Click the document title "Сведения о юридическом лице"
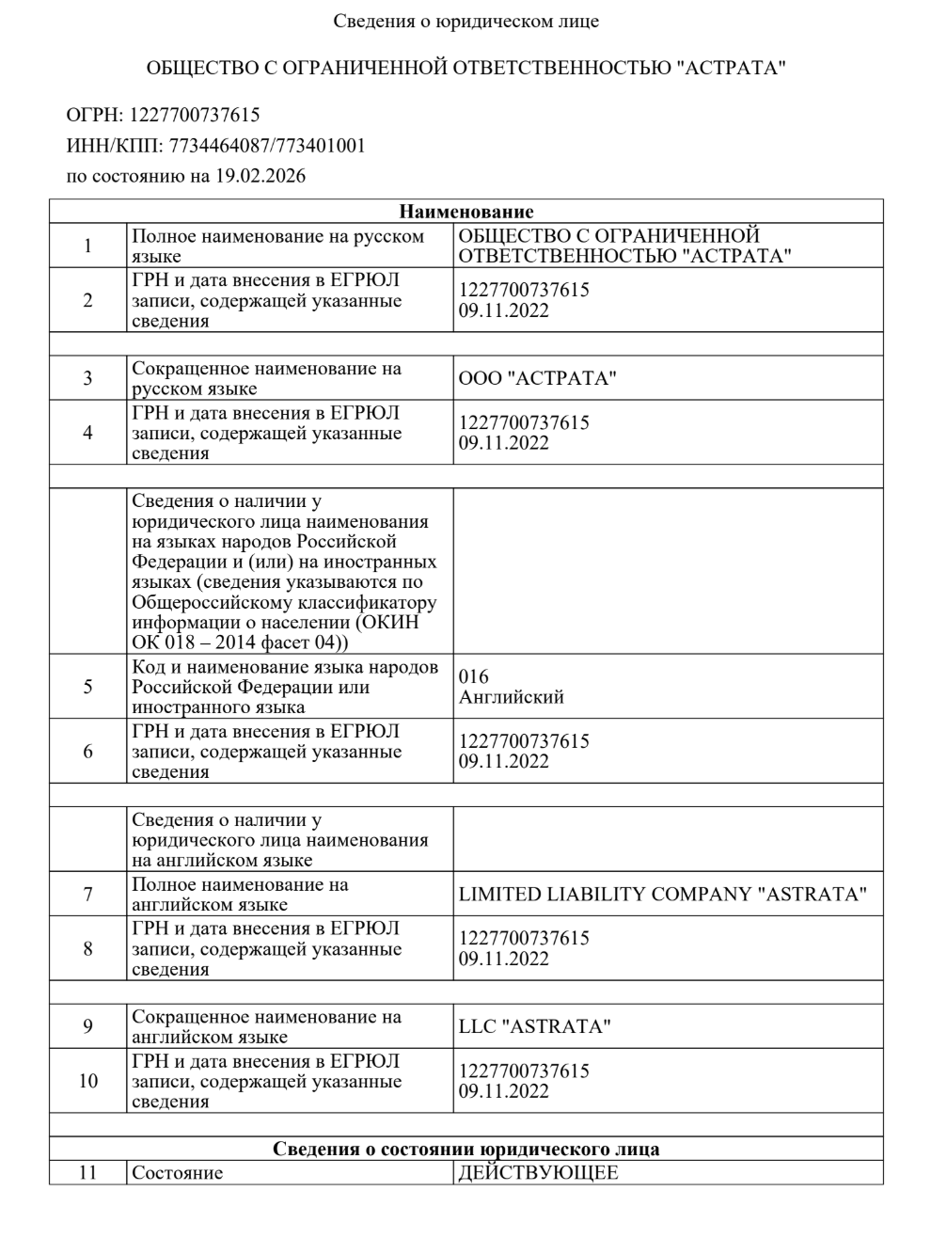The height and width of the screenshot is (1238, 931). tap(465, 21)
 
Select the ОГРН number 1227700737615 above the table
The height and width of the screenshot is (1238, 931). tap(195, 116)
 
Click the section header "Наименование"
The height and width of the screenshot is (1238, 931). tap(466, 212)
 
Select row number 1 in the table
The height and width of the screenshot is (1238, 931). tap(87, 246)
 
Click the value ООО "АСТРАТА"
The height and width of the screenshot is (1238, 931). tap(537, 379)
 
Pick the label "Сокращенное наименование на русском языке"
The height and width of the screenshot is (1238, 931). tap(266, 379)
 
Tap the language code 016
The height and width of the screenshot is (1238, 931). tap(474, 677)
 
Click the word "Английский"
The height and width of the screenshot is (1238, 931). tap(512, 698)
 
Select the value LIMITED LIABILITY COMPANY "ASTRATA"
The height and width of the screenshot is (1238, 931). tap(662, 895)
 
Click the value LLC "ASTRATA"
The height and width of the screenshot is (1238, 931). tap(534, 1027)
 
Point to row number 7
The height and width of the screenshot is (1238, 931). tap(87, 895)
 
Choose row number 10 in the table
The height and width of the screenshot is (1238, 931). tap(87, 1081)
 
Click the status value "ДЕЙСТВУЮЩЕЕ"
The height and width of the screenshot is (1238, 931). tap(538, 1174)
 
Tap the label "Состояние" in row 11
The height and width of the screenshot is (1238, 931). tap(178, 1174)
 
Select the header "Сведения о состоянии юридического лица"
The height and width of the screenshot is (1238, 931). tap(466, 1150)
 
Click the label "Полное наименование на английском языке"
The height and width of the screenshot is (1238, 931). tap(240, 895)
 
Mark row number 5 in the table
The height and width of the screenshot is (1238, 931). tap(87, 687)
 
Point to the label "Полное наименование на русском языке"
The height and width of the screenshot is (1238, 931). tap(277, 246)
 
